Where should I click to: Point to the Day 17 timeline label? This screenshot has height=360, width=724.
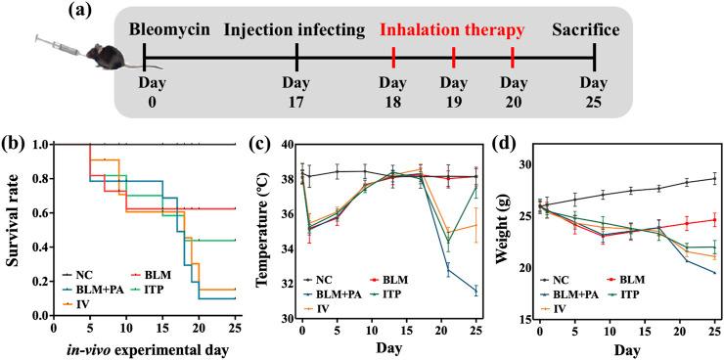pos(296,93)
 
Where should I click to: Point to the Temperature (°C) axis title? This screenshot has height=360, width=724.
pos(260,230)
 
